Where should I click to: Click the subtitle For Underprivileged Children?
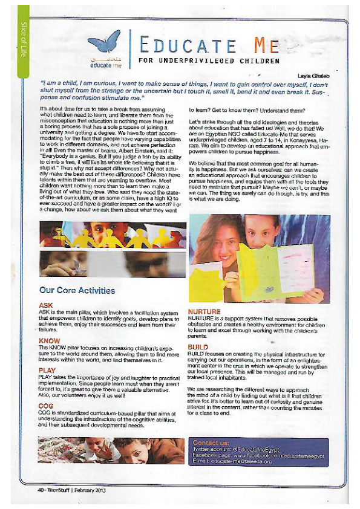click(x=209, y=60)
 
